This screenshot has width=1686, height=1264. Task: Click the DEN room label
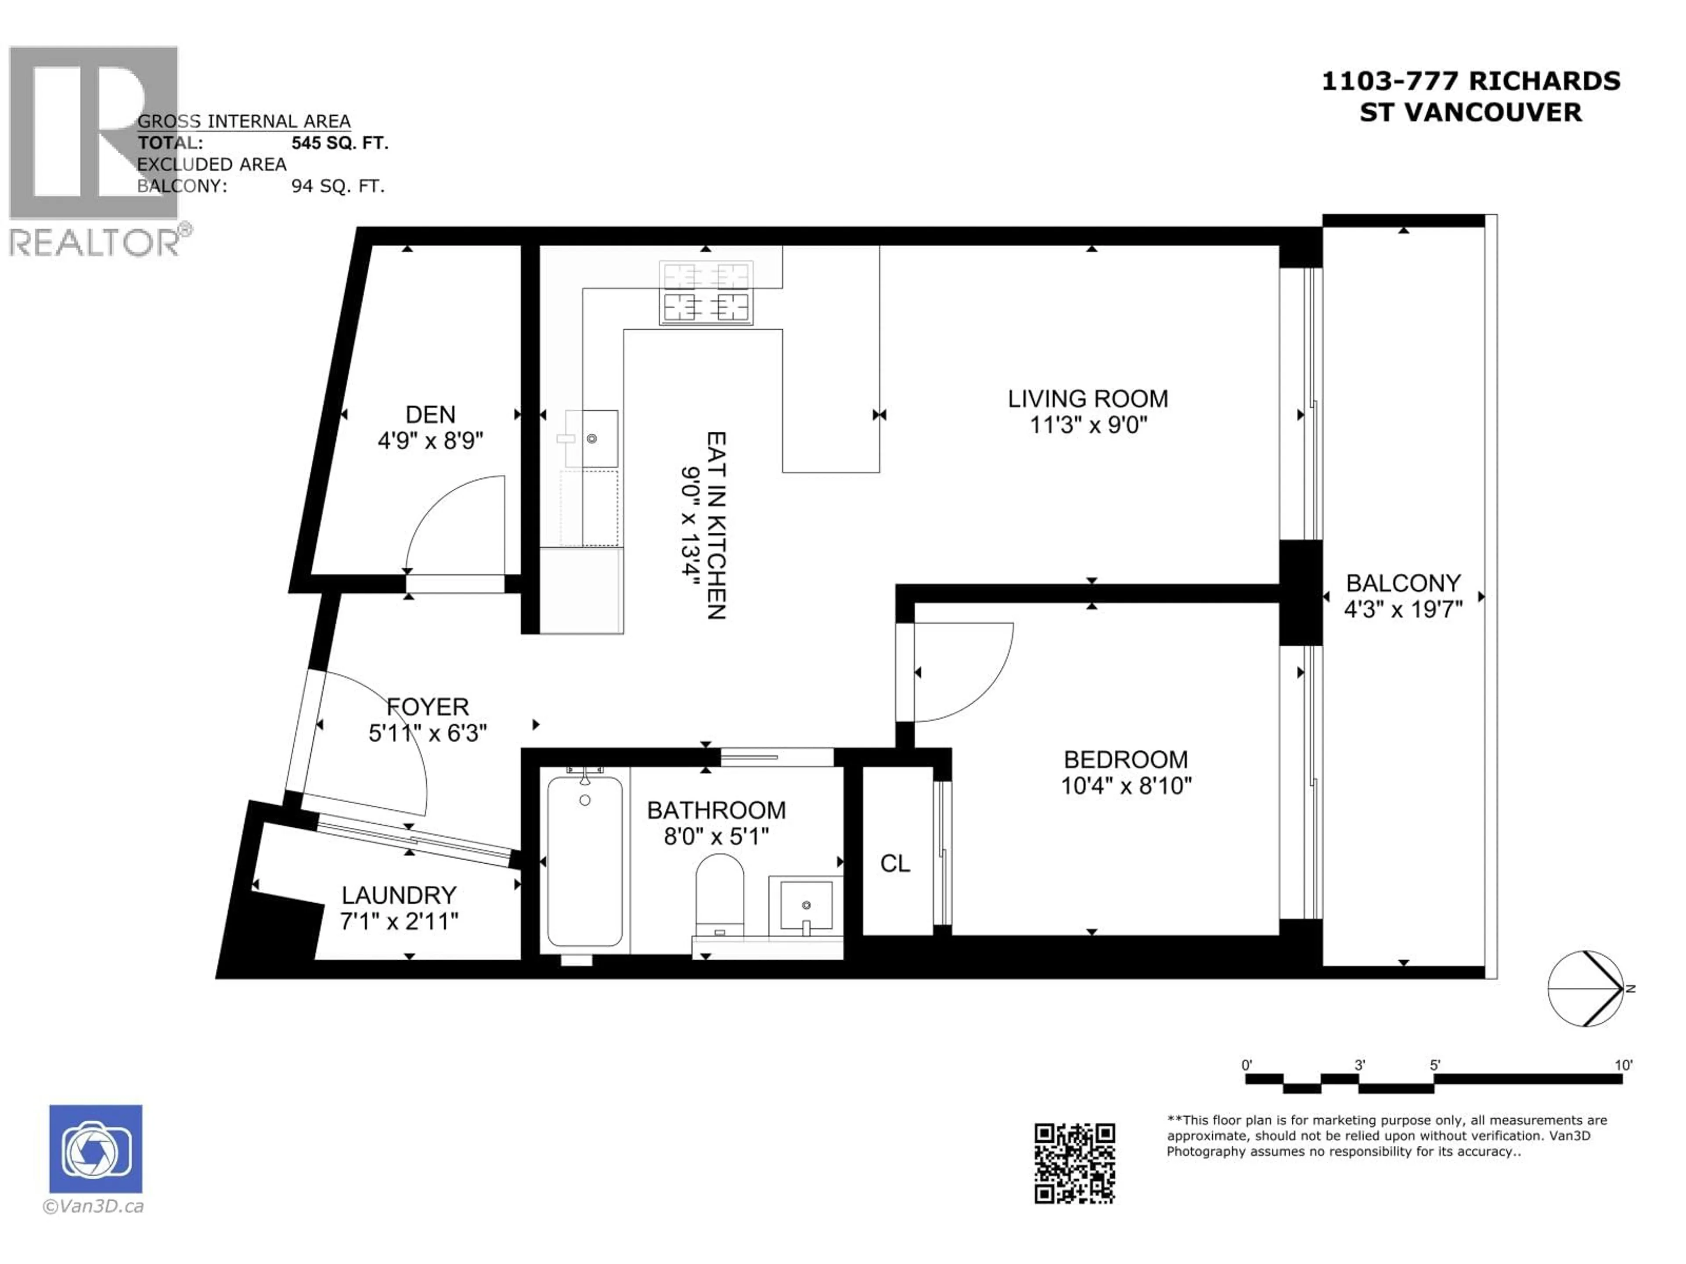431,414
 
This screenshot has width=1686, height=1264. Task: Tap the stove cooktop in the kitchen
706,293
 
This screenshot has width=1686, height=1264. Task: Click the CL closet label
895,863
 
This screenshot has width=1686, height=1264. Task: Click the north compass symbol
1586,988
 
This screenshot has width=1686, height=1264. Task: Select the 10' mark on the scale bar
1623,1065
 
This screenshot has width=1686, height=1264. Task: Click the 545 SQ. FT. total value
340,143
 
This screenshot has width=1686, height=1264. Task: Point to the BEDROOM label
1126,760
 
